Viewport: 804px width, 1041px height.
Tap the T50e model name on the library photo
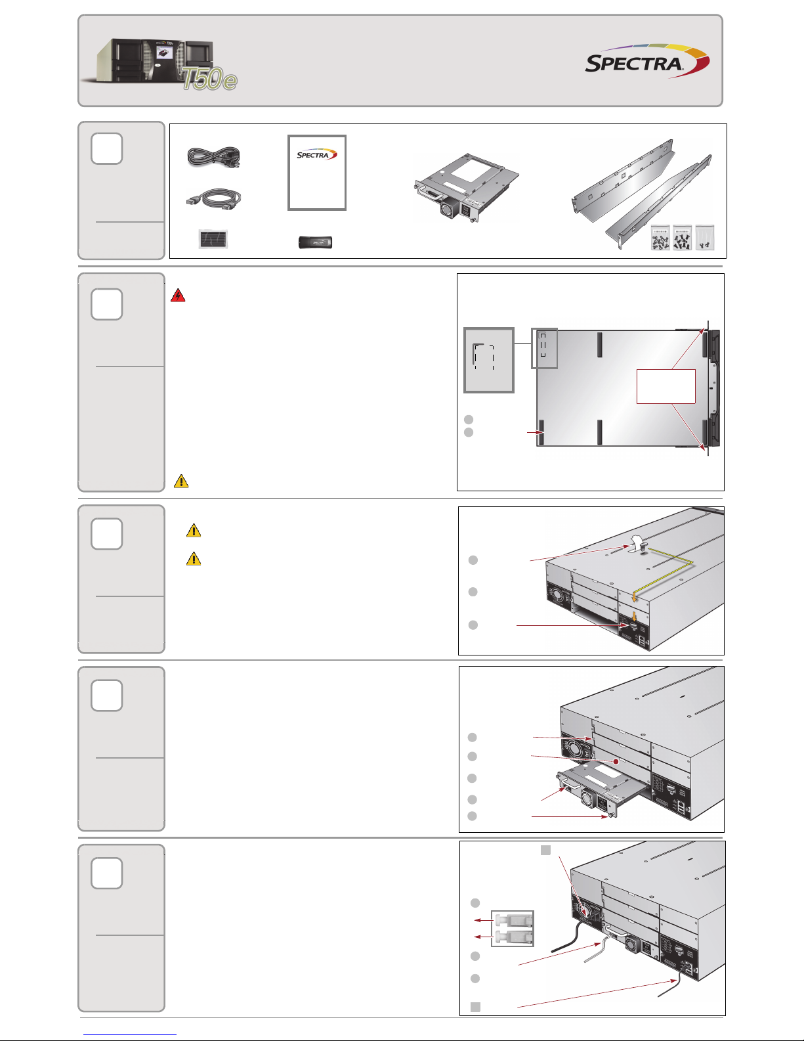point(209,79)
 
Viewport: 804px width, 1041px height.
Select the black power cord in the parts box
point(213,157)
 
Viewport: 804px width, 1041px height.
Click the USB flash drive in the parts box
point(316,242)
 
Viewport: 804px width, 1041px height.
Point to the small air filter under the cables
point(213,239)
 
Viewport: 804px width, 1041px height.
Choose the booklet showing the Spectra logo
point(317,173)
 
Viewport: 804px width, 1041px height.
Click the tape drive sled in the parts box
point(467,188)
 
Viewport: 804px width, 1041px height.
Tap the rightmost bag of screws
point(704,238)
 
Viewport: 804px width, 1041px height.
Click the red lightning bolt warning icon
point(178,296)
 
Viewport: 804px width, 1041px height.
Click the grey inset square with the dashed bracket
point(488,361)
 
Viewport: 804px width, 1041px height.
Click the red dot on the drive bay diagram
point(616,761)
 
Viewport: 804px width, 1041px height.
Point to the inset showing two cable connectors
point(513,929)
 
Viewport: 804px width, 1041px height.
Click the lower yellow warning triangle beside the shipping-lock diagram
point(194,559)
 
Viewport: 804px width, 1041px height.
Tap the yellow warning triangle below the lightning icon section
point(181,481)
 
